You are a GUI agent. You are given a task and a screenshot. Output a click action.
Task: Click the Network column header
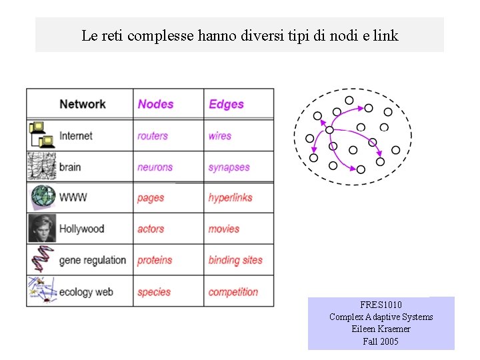coord(82,104)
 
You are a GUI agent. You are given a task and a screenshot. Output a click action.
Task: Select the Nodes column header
coord(155,104)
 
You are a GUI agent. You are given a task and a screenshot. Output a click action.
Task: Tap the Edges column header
coord(226,104)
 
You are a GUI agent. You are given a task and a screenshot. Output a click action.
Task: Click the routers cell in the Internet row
coord(152,136)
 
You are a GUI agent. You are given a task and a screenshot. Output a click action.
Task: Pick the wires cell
coord(219,136)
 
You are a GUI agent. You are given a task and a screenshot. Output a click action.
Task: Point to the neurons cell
coord(155,167)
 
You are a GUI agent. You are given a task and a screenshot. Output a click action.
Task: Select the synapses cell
coord(229,167)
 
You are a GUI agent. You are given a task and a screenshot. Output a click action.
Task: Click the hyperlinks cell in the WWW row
coord(230,198)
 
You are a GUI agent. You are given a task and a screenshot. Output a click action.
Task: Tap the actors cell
coord(151,229)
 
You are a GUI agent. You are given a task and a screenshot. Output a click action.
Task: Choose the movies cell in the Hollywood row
coord(223,229)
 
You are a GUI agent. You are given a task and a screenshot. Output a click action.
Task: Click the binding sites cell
coord(235,260)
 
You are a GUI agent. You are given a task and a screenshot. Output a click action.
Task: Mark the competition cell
coord(233,292)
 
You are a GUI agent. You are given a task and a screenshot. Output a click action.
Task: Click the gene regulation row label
coord(92,260)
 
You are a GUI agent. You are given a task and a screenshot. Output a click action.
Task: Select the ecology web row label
coord(86,292)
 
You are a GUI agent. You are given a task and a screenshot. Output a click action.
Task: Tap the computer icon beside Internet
coord(41,135)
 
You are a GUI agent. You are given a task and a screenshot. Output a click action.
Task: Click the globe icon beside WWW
coord(42,197)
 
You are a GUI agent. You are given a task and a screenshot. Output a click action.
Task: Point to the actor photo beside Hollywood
coord(42,229)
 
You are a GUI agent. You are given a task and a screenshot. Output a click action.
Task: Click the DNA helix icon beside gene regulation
coord(41,260)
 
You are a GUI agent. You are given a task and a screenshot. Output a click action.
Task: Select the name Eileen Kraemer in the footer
coord(381,329)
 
